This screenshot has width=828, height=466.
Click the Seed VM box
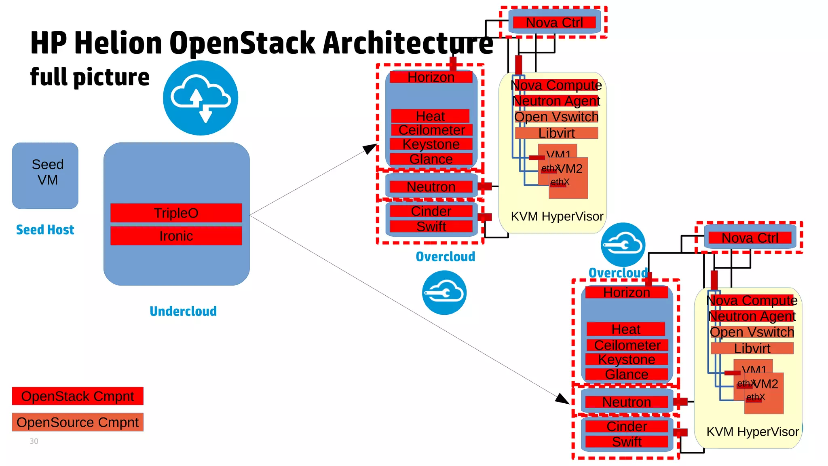pyautogui.click(x=45, y=175)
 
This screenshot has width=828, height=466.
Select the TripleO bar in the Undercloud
pyautogui.click(x=176, y=213)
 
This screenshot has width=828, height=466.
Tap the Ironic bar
pyautogui.click(x=176, y=236)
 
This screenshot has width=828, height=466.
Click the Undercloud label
pyautogui.click(x=183, y=311)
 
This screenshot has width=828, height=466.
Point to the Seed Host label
pyautogui.click(x=45, y=230)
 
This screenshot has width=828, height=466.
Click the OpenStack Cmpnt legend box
pyautogui.click(x=78, y=396)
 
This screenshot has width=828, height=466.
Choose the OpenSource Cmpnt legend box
pyautogui.click(x=78, y=422)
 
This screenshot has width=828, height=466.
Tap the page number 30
pyautogui.click(x=34, y=441)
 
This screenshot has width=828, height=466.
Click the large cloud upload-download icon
pyautogui.click(x=201, y=98)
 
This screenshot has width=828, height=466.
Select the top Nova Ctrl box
pyautogui.click(x=554, y=23)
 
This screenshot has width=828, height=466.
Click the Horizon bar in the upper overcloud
pyautogui.click(x=431, y=77)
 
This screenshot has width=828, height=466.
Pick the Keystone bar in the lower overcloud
pyautogui.click(x=627, y=359)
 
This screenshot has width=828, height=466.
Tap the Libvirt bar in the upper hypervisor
pyautogui.click(x=556, y=133)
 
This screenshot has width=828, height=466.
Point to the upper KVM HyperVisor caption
pyautogui.click(x=557, y=216)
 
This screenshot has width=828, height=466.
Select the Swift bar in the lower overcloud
pyautogui.click(x=627, y=442)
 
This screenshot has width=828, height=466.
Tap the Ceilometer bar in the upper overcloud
pyautogui.click(x=431, y=130)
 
